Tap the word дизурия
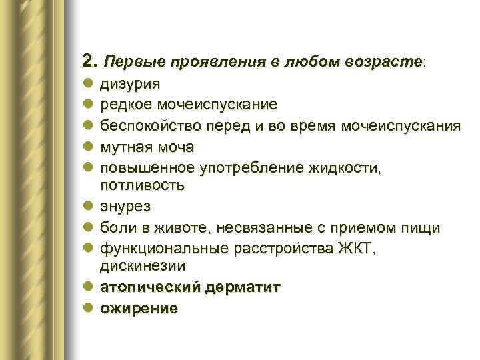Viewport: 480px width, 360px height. click(129, 85)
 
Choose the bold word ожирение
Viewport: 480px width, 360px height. click(139, 309)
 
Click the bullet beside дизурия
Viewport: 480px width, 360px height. click(88, 85)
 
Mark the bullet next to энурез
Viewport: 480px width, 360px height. click(88, 207)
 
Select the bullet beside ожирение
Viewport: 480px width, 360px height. click(88, 309)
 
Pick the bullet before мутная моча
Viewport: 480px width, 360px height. click(88, 146)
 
